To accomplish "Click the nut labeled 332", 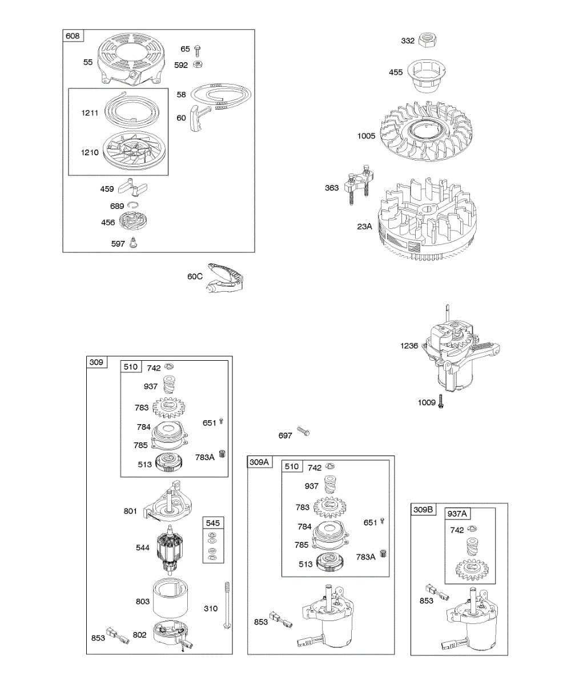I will pos(427,41).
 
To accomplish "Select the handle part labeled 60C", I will pos(224,279).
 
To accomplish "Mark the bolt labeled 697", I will pos(303,433).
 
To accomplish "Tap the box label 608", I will pos(73,36).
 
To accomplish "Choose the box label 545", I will pos(212,523).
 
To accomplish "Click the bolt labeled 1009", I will pos(442,402).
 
